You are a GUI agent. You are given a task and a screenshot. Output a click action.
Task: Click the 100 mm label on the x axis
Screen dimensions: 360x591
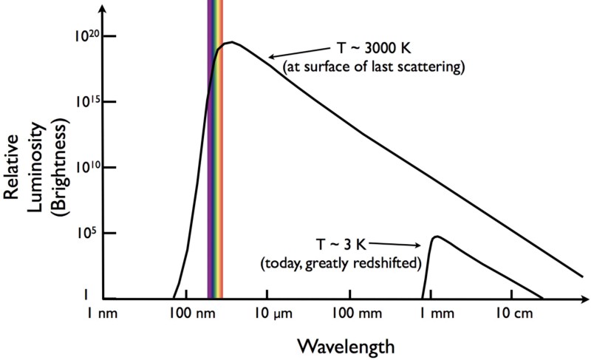point(351,313)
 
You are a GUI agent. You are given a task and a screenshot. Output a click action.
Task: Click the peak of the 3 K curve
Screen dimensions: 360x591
point(437,237)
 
